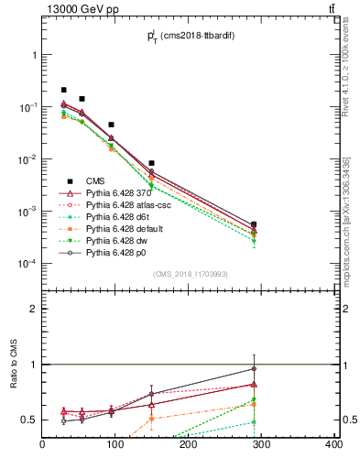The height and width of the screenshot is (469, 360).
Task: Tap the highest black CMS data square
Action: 63,90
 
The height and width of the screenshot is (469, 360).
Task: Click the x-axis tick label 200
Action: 189,445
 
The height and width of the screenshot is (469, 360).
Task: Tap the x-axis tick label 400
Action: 333,445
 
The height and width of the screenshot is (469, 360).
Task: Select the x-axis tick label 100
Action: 115,445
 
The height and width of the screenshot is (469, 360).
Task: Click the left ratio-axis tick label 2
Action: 33,310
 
